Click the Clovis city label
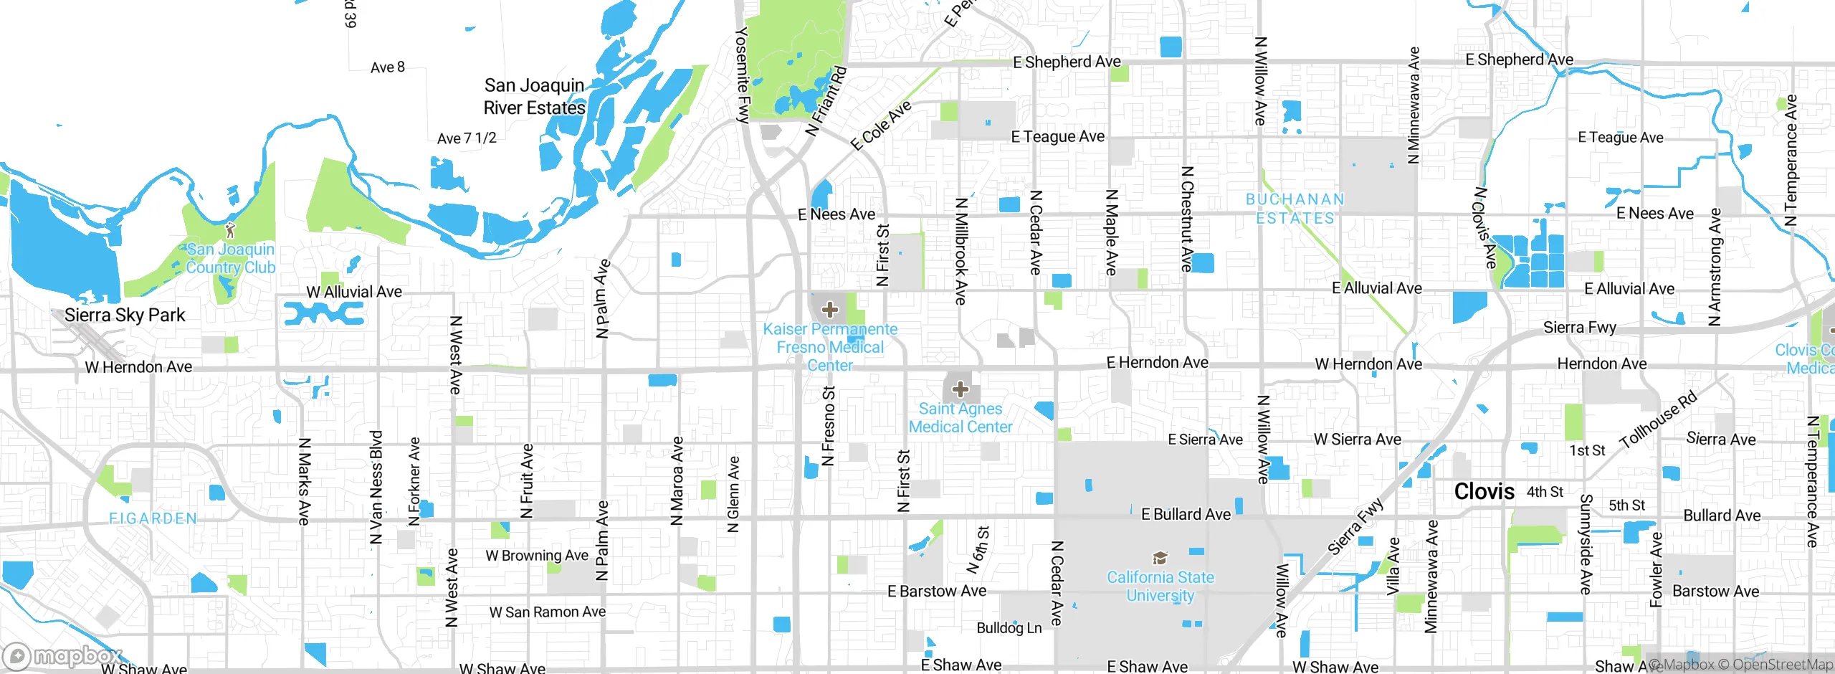tap(1484, 492)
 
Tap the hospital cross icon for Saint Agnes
tap(960, 390)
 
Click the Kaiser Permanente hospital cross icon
tap(829, 310)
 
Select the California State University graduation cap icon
tap(1159, 559)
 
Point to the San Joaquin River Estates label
tap(534, 97)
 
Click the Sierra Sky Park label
tap(125, 315)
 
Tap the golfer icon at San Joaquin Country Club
tap(229, 230)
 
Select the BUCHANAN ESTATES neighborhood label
tap(1295, 209)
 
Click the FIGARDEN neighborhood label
tap(153, 518)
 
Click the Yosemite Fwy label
tap(743, 75)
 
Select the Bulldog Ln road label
tap(1009, 628)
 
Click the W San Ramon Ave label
tap(547, 612)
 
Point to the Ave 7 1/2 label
tap(467, 138)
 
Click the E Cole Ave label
tap(881, 125)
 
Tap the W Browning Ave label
tap(536, 556)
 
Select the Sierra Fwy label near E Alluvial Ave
tap(1579, 328)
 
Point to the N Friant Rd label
tap(826, 101)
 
